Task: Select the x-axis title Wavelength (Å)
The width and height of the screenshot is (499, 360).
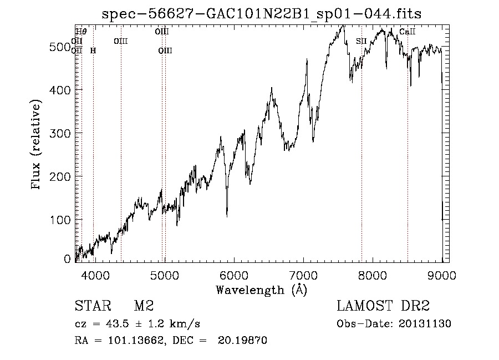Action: click(261, 290)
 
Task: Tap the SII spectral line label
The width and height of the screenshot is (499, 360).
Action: click(361, 41)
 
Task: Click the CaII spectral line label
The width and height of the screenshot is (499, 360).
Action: click(407, 32)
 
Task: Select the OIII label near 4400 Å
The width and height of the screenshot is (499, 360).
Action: click(120, 41)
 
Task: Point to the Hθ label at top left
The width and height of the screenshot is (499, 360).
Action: click(81, 32)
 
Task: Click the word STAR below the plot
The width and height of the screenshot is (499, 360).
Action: click(91, 306)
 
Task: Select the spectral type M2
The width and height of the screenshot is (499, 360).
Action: click(143, 306)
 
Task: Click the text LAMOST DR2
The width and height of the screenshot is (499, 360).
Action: click(383, 306)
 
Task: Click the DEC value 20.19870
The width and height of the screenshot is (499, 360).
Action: click(247, 341)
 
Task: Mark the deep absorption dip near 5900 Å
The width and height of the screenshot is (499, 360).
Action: click(227, 215)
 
